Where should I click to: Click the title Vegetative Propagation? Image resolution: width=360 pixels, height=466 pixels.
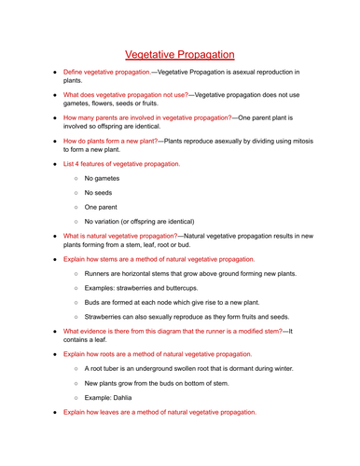coord(179,55)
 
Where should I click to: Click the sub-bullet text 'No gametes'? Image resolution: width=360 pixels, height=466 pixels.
coord(104,177)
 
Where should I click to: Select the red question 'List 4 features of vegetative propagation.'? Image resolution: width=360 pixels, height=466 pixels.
coord(121,163)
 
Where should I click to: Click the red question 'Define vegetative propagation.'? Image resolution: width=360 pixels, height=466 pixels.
coord(105,72)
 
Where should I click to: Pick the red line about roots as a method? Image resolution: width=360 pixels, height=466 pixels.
coord(158,354)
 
